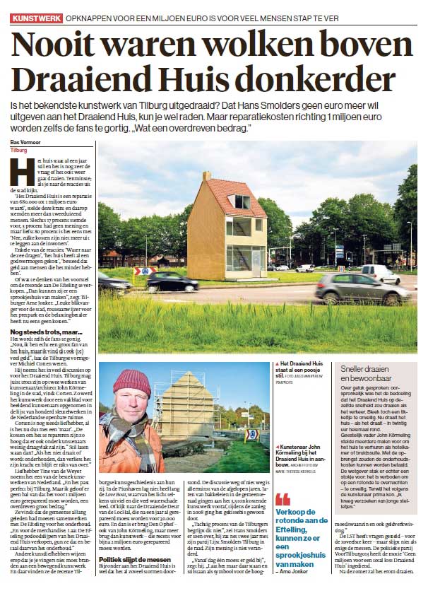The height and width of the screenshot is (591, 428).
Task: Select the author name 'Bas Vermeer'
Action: coord(25,144)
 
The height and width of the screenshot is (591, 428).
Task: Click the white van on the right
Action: coord(379,274)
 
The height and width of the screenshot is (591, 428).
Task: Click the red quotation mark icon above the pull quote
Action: coord(283,498)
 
